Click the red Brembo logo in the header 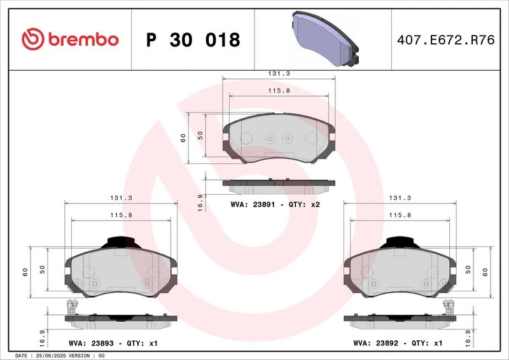pos(70,39)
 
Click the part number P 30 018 pos(193,40)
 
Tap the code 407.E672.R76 pos(446,39)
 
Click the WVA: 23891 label pos(253,205)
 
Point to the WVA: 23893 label pos(91,343)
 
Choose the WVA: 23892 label pos(376,343)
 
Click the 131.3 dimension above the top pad pos(279,74)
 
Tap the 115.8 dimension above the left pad pos(121,215)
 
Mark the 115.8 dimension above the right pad pos(400,215)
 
